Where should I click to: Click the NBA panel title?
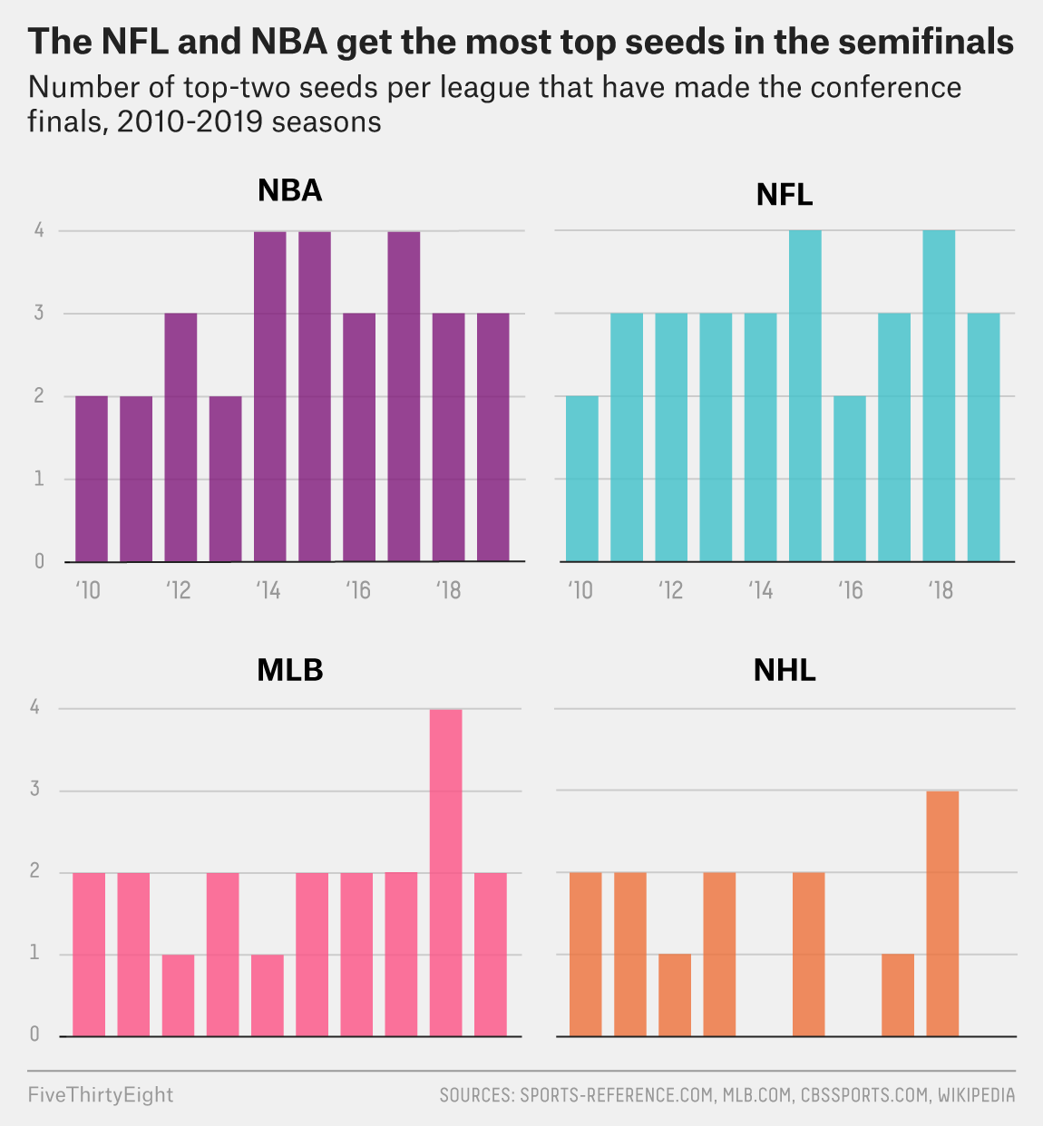[290, 190]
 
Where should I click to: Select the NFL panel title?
[785, 195]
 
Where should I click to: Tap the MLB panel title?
[290, 670]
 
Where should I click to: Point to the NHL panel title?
[785, 670]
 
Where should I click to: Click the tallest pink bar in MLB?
[445, 872]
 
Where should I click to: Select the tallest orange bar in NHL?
[942, 913]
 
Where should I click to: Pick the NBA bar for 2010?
[92, 479]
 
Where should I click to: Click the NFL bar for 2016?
[850, 479]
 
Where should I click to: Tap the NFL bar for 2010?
[582, 479]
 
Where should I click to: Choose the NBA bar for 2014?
[269, 396]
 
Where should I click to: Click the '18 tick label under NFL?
[941, 591]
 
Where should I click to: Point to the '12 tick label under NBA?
[180, 591]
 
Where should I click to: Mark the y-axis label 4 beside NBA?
[39, 231]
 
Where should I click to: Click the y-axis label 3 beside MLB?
[35, 790]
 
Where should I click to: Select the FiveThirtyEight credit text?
[100, 1094]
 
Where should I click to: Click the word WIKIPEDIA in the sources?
[976, 1095]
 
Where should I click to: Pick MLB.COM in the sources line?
[755, 1095]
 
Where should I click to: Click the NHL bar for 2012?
[675, 995]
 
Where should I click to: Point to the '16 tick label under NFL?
[850, 591]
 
